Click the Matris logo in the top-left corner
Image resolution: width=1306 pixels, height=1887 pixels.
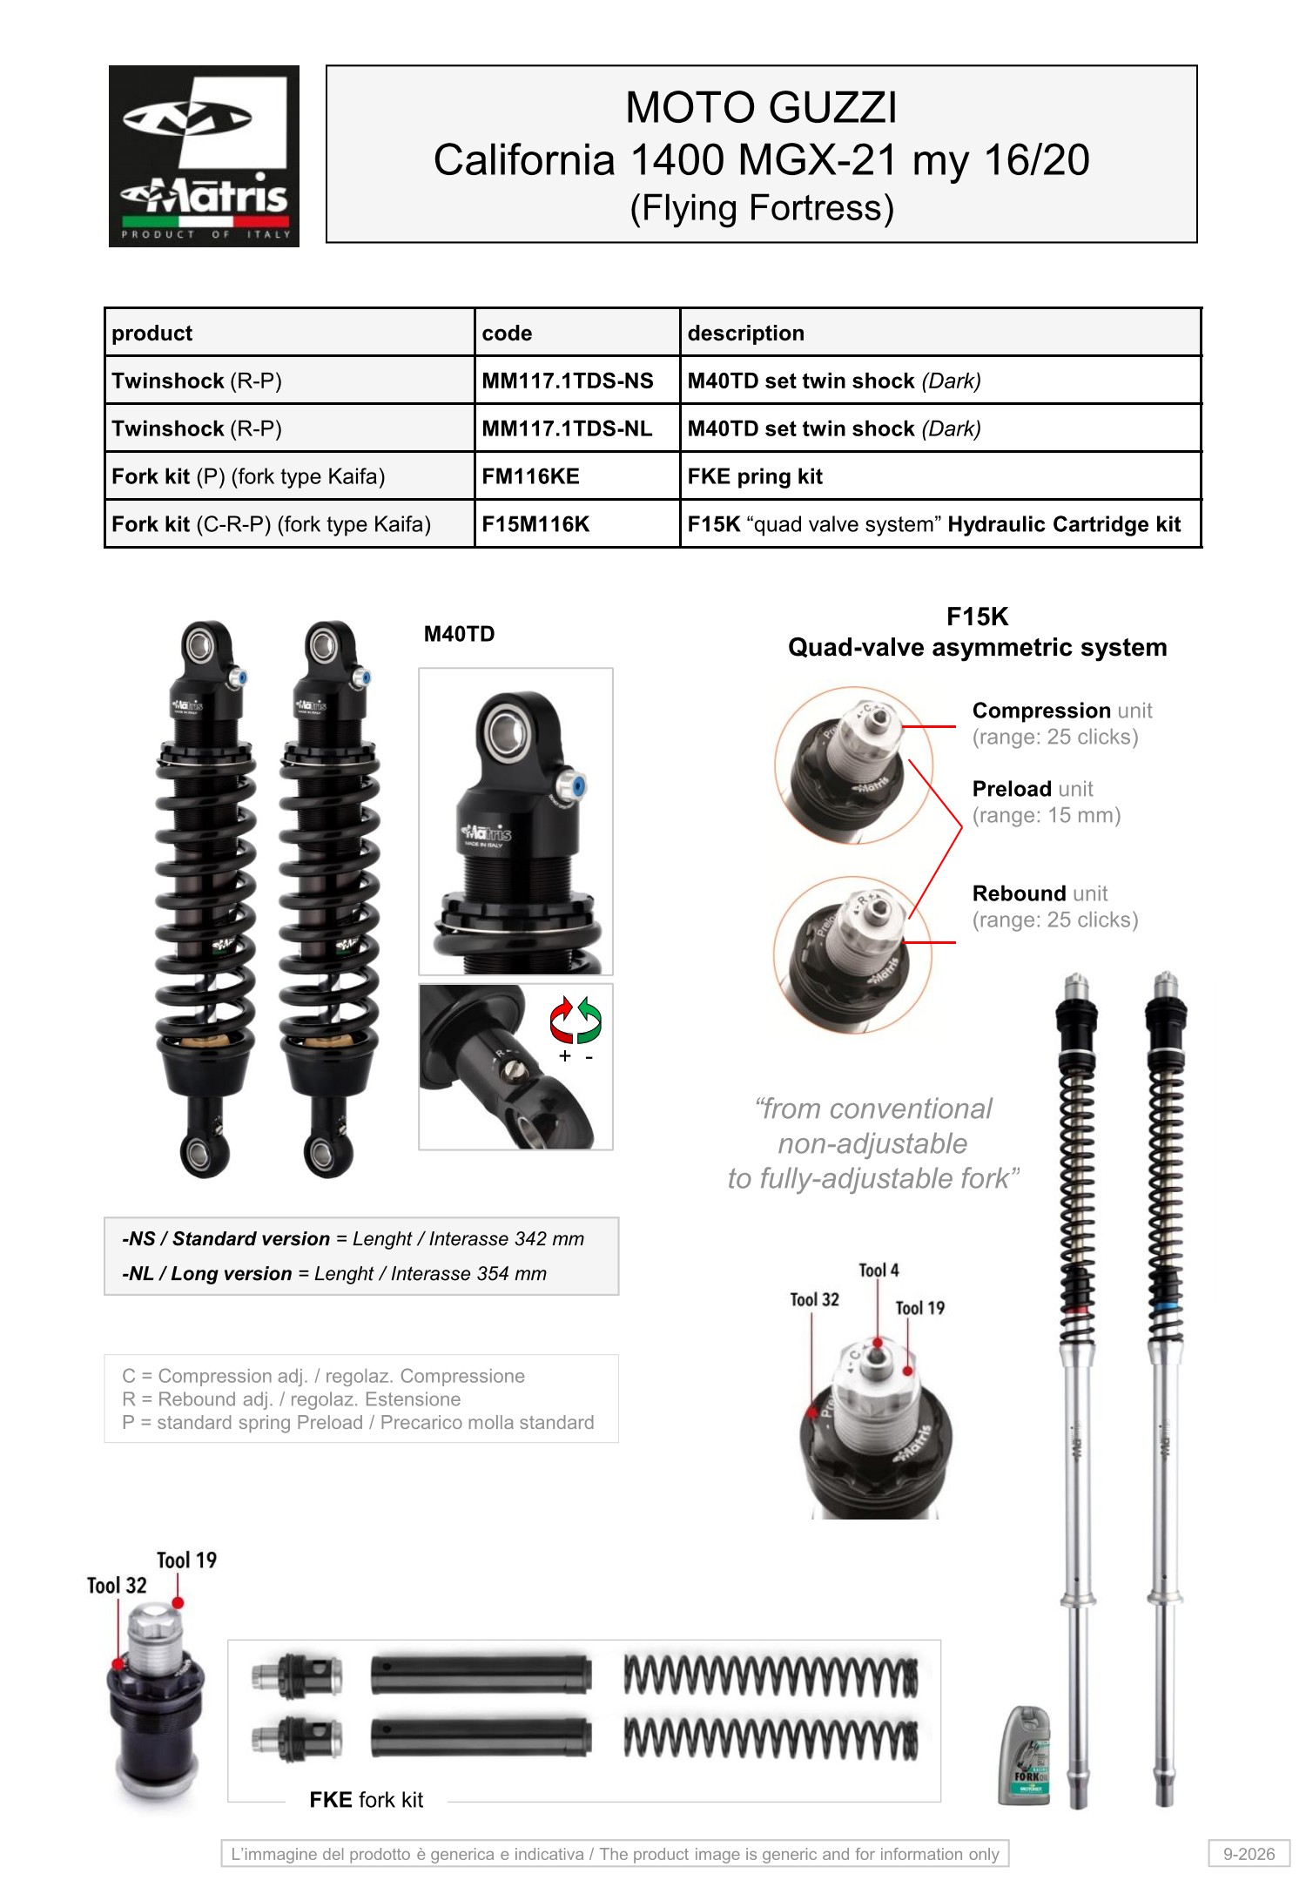[204, 156]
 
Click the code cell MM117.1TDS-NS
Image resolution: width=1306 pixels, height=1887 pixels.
[568, 381]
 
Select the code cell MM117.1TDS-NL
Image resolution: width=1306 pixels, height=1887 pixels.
[567, 429]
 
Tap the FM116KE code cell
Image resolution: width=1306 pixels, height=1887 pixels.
[530, 477]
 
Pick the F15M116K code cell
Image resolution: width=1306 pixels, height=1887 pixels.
[535, 525]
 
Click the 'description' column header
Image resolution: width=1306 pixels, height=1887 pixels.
[745, 334]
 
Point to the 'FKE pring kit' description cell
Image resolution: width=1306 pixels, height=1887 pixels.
[755, 477]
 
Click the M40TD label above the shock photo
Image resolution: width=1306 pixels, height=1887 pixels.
[459, 634]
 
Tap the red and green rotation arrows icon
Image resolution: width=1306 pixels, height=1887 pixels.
[576, 1020]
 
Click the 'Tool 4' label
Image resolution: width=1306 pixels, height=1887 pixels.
[879, 1270]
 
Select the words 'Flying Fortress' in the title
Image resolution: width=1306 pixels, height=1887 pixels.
[762, 208]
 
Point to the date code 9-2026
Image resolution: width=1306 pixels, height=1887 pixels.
[1249, 1854]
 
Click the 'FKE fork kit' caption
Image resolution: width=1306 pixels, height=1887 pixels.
[366, 1800]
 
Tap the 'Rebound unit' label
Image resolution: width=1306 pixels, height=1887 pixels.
[1040, 893]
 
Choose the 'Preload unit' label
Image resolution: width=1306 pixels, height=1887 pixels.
[1033, 789]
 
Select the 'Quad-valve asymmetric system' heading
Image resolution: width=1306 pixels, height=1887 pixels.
[977, 648]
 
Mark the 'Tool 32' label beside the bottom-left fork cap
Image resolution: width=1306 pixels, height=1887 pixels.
[117, 1586]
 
